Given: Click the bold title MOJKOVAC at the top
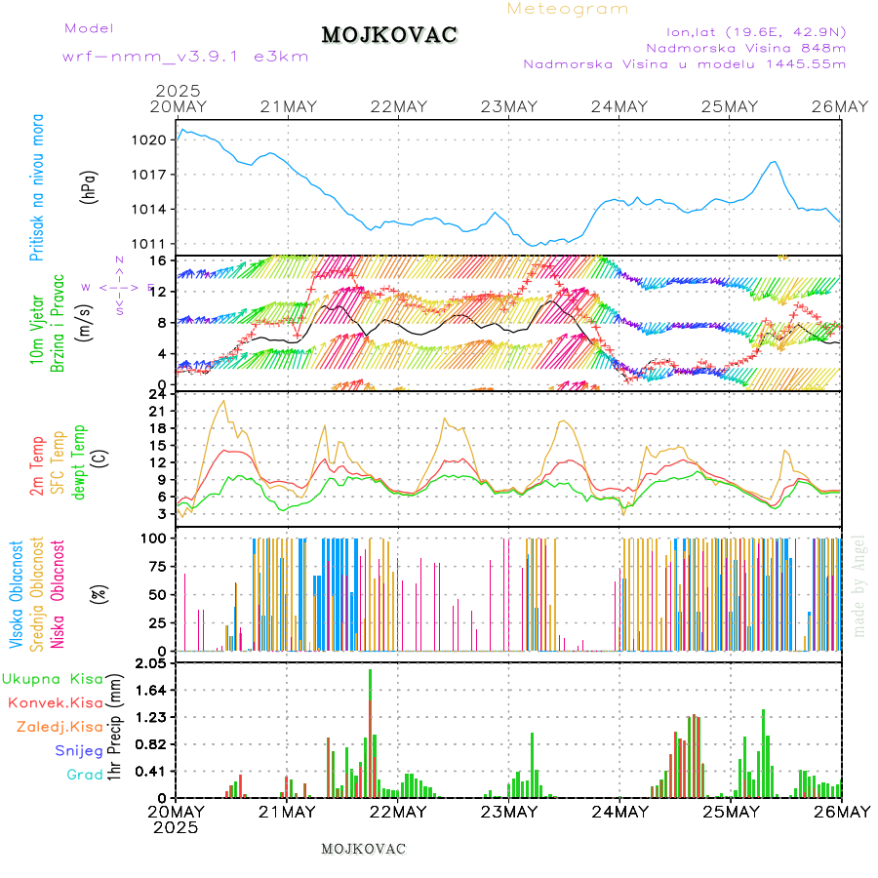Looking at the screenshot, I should (389, 36).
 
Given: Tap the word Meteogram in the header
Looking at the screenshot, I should (568, 9).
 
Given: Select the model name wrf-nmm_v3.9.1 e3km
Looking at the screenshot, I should (185, 57).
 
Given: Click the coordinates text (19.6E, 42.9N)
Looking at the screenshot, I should (795, 32).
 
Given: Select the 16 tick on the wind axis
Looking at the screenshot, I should (157, 261).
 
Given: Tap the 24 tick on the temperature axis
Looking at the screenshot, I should (157, 394).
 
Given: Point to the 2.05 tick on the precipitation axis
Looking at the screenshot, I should (149, 664).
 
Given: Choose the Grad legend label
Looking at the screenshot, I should (84, 776).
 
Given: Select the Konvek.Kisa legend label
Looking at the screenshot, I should (55, 702).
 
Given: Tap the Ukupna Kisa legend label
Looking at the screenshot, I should (52, 679).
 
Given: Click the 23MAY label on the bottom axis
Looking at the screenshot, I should (509, 812).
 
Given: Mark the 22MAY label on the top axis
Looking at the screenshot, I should (398, 106).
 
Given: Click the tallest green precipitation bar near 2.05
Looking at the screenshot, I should (370, 732).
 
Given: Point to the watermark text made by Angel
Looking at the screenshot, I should (859, 585).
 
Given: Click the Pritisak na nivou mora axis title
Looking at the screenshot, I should (37, 192).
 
